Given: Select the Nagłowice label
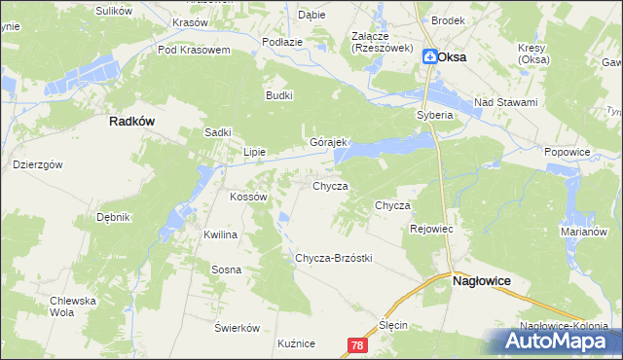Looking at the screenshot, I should click(x=483, y=279).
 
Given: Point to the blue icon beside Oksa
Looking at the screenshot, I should click(x=429, y=57).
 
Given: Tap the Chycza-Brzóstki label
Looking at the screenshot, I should click(x=334, y=258).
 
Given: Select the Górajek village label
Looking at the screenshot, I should click(x=329, y=142).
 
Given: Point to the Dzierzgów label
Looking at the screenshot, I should click(x=38, y=165).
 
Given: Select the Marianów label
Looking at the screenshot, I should click(x=584, y=233).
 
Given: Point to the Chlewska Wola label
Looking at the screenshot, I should click(x=75, y=306).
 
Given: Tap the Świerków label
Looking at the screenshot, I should click(x=237, y=327).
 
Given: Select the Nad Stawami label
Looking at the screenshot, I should click(x=505, y=101).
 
